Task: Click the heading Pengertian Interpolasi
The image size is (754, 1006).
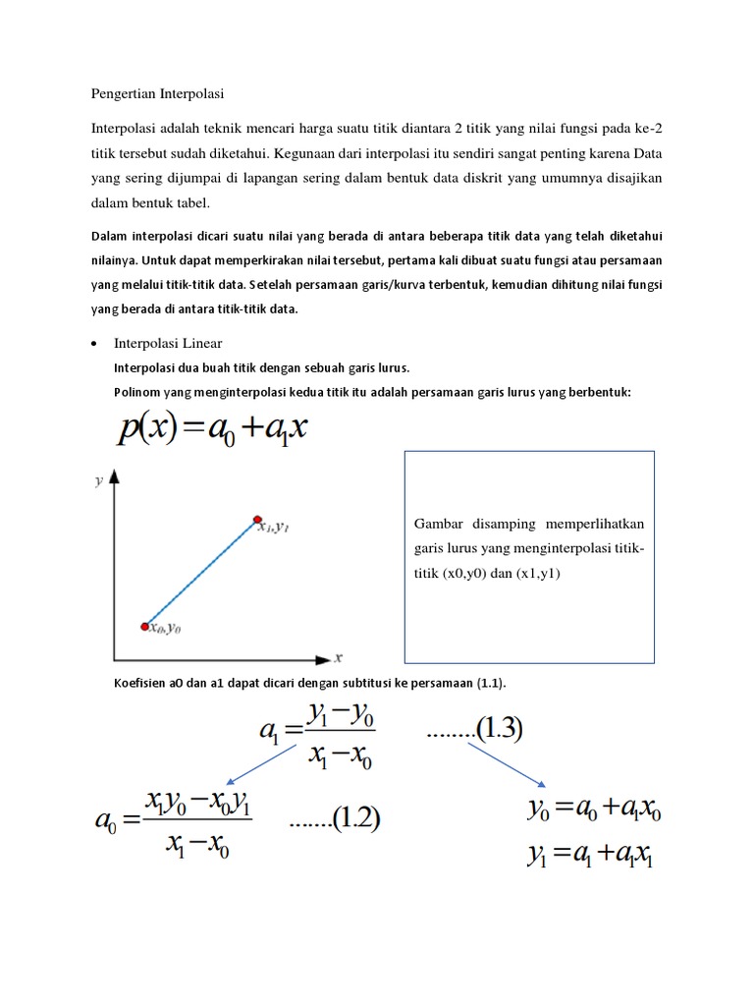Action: point(158,94)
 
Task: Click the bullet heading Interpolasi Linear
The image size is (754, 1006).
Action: point(169,343)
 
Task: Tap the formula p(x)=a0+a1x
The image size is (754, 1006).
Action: point(211,430)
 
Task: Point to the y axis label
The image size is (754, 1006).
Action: point(98,480)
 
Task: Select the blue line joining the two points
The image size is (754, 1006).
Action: point(201,572)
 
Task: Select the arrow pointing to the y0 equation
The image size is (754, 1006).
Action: point(506,764)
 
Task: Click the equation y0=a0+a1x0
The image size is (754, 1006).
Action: point(594,812)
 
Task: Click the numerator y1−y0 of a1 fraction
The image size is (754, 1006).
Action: point(341,714)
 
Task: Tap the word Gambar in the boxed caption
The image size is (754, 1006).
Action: point(436,524)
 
